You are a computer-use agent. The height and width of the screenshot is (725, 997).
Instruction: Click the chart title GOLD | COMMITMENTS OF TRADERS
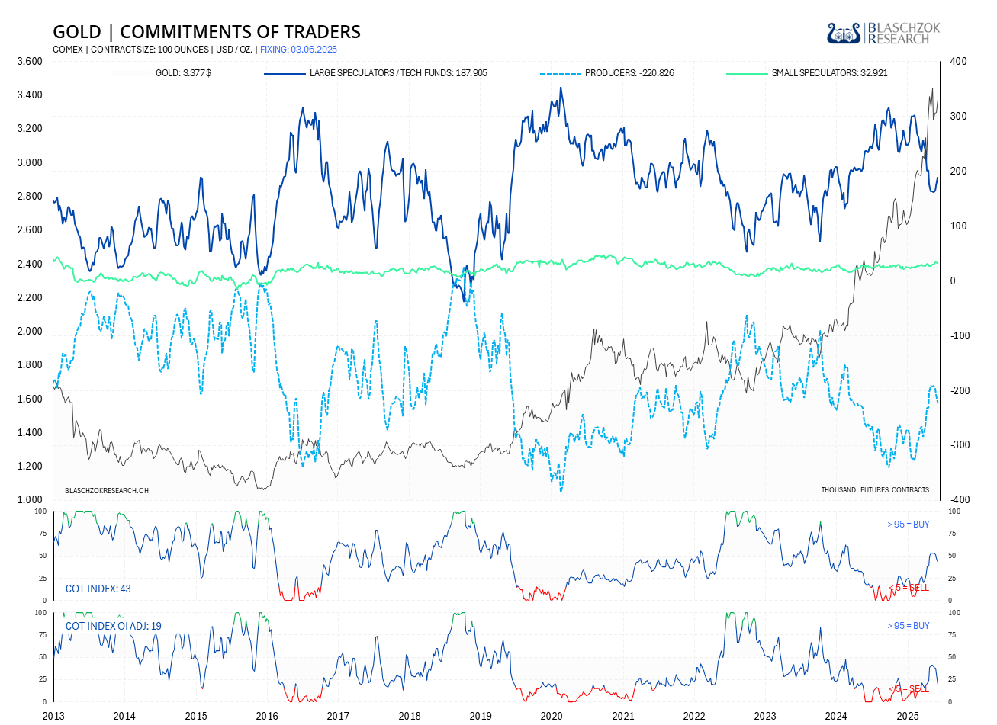point(206,32)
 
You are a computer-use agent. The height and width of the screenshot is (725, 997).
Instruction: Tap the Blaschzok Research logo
point(883,34)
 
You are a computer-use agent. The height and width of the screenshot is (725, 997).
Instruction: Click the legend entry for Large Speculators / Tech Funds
point(397,73)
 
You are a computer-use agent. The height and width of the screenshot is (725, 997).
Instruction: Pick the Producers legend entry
point(629,73)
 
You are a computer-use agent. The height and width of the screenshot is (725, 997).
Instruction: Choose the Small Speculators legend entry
point(829,73)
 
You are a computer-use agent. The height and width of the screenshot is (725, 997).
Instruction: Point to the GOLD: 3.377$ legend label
point(183,73)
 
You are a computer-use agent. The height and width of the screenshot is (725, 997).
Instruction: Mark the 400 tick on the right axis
point(958,62)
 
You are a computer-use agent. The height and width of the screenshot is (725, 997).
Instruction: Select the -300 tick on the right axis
point(958,445)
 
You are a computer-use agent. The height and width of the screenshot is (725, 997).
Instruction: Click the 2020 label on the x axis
point(552,716)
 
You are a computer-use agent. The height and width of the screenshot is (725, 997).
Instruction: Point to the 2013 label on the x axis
point(53,716)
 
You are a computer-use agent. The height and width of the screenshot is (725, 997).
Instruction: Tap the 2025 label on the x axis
point(907,716)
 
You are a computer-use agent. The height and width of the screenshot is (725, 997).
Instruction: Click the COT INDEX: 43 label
point(98,589)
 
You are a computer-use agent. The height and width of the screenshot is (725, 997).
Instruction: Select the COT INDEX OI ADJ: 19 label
point(114,626)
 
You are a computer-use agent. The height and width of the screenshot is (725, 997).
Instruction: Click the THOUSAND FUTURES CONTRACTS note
point(875,490)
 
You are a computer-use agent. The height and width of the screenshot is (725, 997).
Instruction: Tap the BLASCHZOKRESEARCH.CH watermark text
point(107,491)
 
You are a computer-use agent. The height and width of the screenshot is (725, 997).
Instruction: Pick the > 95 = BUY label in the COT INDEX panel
point(908,525)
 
